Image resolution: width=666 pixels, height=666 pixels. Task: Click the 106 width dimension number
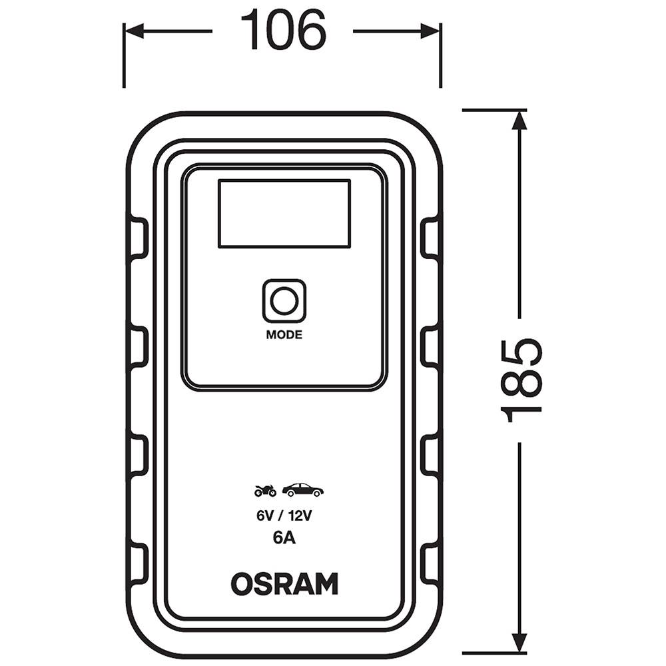pos(283,29)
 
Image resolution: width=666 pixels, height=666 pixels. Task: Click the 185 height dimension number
pos(521,380)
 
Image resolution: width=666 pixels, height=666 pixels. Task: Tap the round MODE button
pos(284,301)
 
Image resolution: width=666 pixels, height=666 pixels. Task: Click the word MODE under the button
pos(284,335)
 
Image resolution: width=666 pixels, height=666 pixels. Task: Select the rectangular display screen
pos(284,214)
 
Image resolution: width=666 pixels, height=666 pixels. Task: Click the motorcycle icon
pos(265,491)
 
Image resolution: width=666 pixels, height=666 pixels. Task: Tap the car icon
pos(302,490)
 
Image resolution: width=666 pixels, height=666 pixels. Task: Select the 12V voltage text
pos(300,515)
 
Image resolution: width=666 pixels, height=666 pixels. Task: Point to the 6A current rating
pos(284,537)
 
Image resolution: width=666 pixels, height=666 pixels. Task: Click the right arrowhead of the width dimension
pos(431,31)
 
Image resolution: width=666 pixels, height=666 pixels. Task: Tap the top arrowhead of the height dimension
pos(519,120)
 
